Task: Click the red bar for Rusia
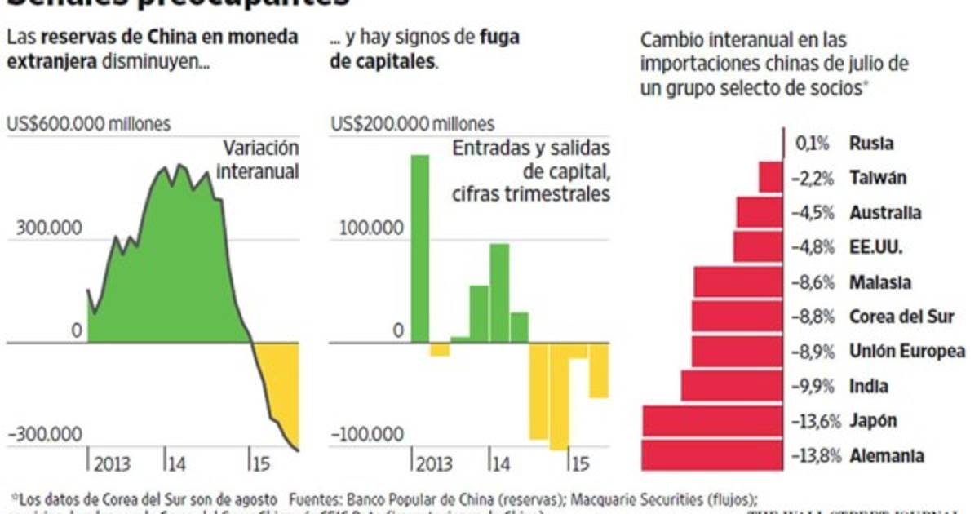pos(783,144)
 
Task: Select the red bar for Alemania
pos(712,455)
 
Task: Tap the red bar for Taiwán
pos(771,178)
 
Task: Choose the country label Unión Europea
pos(906,352)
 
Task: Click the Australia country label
pos(885,213)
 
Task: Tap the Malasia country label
pos(880,282)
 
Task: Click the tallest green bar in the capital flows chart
pos(419,249)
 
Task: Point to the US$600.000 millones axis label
pos(89,124)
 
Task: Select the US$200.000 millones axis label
pos(413,124)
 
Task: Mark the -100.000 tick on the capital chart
pos(366,434)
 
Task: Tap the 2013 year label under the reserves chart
pos(112,465)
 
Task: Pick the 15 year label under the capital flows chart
pos(578,465)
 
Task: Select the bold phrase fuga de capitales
pos(424,49)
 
